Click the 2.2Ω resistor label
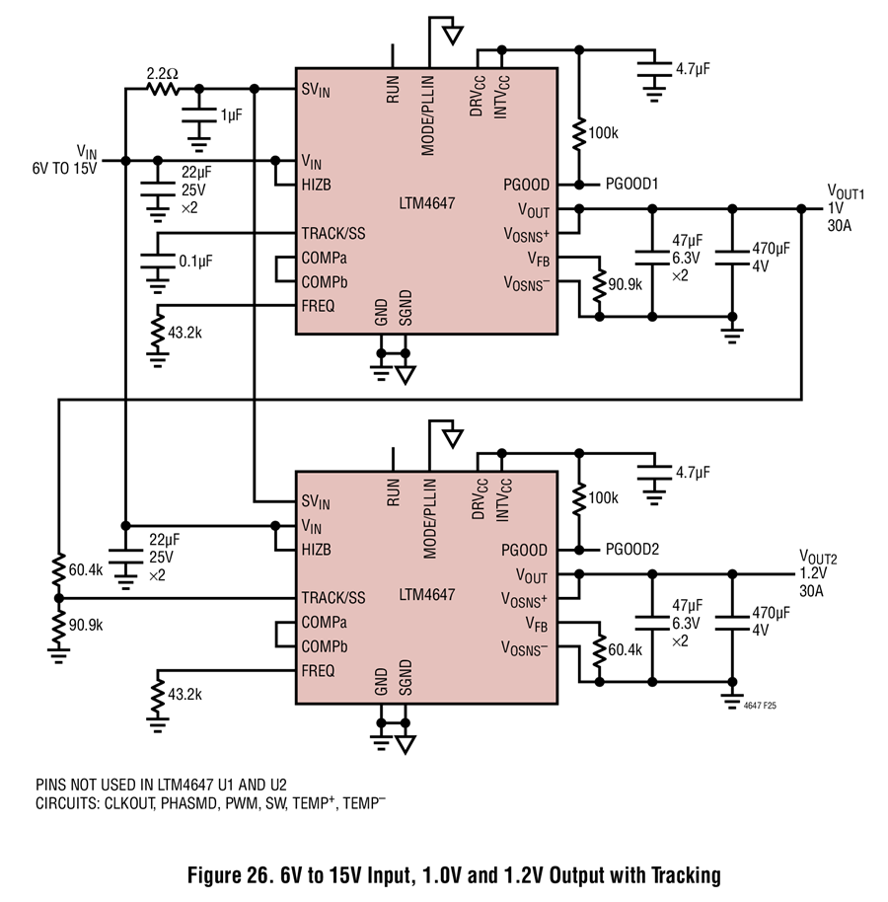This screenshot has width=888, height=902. tap(162, 74)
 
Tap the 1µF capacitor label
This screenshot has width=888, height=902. tap(231, 115)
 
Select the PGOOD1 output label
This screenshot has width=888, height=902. tap(631, 185)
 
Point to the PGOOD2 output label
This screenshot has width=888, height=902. tap(632, 550)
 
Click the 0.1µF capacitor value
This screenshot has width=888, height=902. tap(195, 262)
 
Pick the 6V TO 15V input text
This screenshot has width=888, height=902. tap(64, 169)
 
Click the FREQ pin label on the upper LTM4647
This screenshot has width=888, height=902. tap(318, 306)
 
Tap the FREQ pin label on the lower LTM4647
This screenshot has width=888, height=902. tap(318, 671)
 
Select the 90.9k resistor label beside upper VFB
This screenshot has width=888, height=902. tap(626, 284)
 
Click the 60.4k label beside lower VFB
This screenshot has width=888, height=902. tap(626, 649)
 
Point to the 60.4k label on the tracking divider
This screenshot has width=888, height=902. tap(86, 570)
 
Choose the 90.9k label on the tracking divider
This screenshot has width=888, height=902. tap(86, 625)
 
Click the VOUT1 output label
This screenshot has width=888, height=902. tap(846, 191)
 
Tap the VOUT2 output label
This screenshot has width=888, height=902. tap(818, 557)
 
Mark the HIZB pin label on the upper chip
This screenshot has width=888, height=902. tap(317, 185)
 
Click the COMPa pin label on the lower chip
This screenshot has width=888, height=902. tap(325, 623)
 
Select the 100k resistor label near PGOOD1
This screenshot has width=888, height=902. tap(603, 133)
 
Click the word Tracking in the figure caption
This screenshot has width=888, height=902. tap(686, 875)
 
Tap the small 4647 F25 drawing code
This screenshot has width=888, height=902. tap(760, 706)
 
